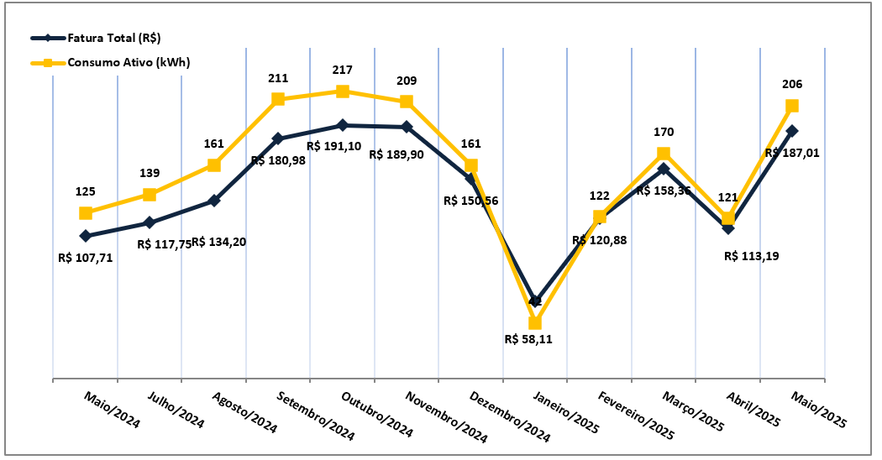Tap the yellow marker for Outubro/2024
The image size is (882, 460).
(x=343, y=91)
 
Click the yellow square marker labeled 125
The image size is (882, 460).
(x=86, y=213)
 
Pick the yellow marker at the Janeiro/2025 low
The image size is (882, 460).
(x=535, y=322)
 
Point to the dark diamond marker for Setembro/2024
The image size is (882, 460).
(x=278, y=139)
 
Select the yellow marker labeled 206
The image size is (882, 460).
(x=791, y=106)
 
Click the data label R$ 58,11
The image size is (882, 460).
(x=533, y=340)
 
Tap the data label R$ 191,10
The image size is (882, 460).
(x=334, y=146)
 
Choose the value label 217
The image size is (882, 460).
(x=342, y=71)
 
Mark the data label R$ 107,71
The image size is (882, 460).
(x=85, y=258)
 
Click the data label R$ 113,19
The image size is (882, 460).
(x=751, y=256)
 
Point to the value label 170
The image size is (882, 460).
(x=664, y=132)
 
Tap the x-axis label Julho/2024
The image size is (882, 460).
(x=176, y=409)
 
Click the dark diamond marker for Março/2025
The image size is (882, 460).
(x=664, y=169)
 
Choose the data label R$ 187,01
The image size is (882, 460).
(x=792, y=154)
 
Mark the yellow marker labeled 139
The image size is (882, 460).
(x=150, y=195)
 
